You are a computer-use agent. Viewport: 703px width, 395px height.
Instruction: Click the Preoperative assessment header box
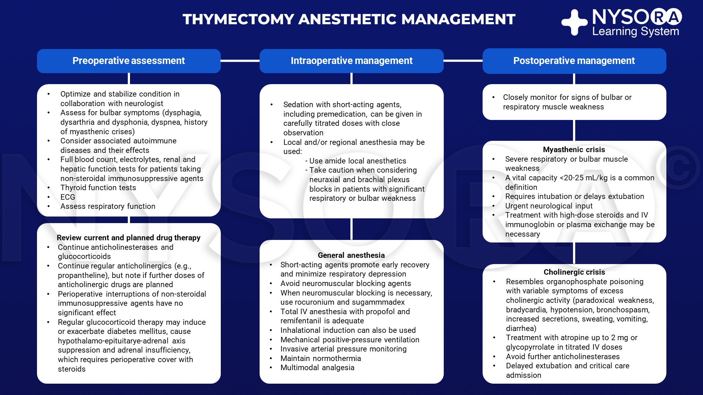pyautogui.click(x=129, y=61)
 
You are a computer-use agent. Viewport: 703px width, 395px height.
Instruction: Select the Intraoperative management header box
pyautogui.click(x=351, y=61)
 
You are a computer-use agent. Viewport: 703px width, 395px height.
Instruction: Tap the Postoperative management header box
pyautogui.click(x=574, y=61)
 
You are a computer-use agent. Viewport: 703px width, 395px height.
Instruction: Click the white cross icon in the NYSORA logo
pyautogui.click(x=574, y=22)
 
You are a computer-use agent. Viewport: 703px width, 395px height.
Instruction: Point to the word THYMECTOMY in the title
pyautogui.click(x=238, y=19)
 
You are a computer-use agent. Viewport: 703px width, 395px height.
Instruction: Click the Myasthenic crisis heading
pyautogui.click(x=574, y=150)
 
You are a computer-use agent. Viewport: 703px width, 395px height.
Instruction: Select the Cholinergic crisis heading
pyautogui.click(x=574, y=272)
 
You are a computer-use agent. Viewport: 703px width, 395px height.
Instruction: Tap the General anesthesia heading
pyautogui.click(x=351, y=255)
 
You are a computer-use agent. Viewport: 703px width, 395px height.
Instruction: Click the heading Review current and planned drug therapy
pyautogui.click(x=129, y=238)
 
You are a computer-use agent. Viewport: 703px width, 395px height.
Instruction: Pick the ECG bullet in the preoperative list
pyautogui.click(x=68, y=197)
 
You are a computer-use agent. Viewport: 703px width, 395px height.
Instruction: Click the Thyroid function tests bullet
pyautogui.click(x=98, y=188)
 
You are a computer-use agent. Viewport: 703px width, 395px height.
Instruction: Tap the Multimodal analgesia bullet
pyautogui.click(x=317, y=368)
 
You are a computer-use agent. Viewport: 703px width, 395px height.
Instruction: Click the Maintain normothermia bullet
pyautogui.click(x=320, y=358)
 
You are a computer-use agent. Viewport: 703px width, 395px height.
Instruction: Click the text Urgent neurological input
pyautogui.click(x=549, y=206)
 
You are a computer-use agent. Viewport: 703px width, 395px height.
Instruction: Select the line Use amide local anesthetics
pyautogui.click(x=357, y=161)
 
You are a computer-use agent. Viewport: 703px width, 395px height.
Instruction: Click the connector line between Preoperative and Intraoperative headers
pyautogui.click(x=240, y=61)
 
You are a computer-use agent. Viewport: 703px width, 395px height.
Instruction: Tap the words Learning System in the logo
pyautogui.click(x=635, y=31)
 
